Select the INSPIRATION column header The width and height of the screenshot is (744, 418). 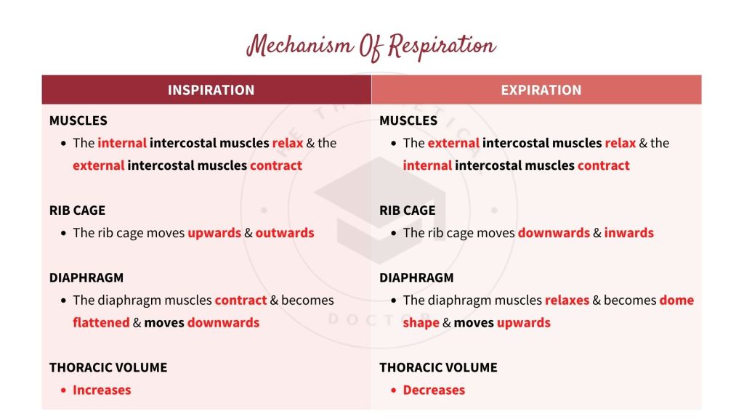coord(211,90)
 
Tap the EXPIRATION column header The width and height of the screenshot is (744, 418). coord(541,90)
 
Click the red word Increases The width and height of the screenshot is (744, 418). coord(102,390)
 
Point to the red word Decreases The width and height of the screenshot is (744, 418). coord(434,390)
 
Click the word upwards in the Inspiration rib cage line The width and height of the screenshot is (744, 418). coord(214,233)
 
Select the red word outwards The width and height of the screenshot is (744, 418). coord(285,233)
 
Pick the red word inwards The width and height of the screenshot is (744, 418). coord(629,233)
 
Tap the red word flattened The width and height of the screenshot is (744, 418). coord(101,322)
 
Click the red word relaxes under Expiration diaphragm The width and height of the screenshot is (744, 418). coord(567,300)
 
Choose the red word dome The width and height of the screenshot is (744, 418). coord(676,300)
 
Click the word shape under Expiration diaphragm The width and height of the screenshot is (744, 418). coord(421,322)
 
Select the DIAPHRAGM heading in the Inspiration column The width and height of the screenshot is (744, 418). coord(86,277)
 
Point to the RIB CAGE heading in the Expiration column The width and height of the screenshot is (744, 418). coord(408,210)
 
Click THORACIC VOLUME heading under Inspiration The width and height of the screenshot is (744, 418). coord(108,367)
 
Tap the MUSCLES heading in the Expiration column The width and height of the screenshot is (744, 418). coord(408,120)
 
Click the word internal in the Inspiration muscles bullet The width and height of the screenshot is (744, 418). coord(122,143)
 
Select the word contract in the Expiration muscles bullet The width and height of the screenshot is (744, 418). coord(604,165)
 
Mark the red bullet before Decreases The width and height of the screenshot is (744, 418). coord(392,390)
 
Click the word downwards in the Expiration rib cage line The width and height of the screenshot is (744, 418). coord(554,233)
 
